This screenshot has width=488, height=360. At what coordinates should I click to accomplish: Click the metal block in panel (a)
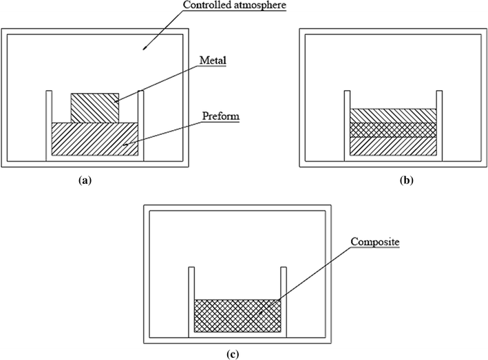pos(95,107)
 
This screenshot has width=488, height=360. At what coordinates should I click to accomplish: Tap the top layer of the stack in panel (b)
pos(393,116)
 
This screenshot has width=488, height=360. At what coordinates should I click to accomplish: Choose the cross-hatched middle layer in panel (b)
pos(393,129)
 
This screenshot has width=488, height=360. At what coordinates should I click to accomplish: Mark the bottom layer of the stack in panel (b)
pos(393,147)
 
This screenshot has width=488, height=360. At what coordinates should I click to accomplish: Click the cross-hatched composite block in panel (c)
pos(237,316)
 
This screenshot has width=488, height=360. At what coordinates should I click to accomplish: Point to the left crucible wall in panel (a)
pos(49,124)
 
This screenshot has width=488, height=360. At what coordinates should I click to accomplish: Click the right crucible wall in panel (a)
pos(140,124)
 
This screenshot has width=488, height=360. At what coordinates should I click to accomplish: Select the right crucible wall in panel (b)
pos(439,124)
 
